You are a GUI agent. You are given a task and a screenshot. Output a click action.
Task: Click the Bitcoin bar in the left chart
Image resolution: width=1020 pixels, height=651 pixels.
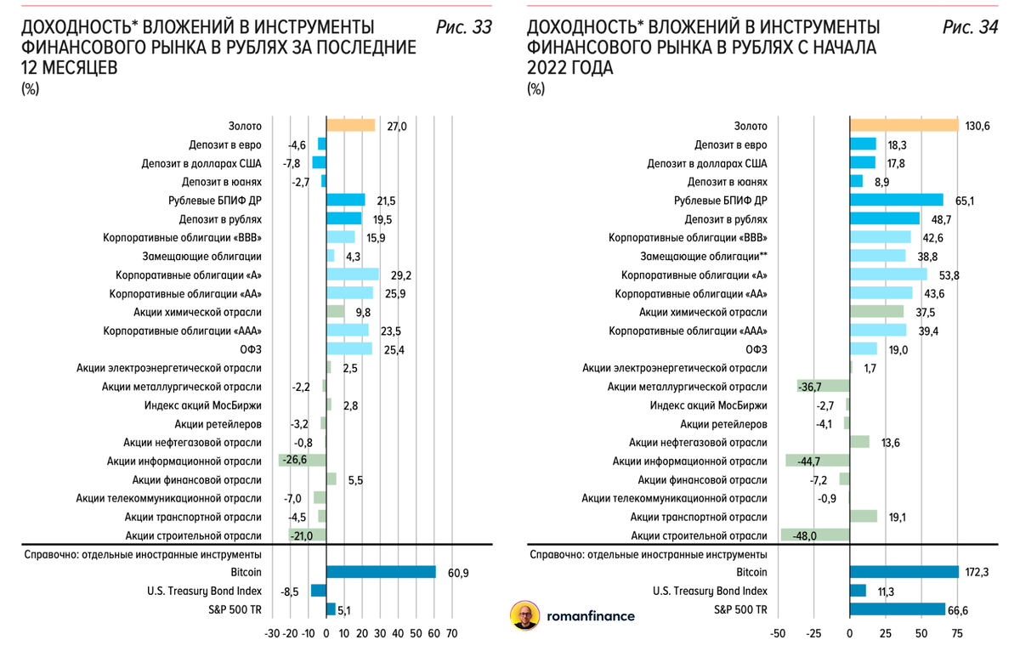[381, 572]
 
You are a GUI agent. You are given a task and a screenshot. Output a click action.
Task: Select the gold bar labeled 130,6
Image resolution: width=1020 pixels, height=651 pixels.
[904, 126]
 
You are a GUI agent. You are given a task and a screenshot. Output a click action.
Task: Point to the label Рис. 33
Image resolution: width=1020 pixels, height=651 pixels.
[463, 28]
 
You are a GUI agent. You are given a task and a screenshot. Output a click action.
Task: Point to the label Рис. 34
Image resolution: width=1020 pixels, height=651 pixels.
[970, 28]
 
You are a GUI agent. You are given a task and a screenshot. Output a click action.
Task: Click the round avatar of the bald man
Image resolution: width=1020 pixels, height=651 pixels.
[525, 616]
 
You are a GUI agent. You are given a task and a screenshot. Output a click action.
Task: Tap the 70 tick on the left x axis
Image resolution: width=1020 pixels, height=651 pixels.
[451, 634]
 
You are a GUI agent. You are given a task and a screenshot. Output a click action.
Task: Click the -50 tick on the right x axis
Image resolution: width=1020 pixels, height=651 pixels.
[777, 634]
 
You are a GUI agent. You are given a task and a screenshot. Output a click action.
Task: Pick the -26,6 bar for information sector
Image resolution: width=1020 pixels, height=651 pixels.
[303, 461]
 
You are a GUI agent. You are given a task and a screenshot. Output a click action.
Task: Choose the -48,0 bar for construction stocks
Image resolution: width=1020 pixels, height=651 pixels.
[815, 535]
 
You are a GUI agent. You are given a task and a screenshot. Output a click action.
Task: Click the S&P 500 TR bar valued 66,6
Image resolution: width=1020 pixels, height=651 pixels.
[898, 609]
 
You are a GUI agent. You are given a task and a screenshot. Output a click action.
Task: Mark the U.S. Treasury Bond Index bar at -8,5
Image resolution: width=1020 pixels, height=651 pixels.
[319, 591]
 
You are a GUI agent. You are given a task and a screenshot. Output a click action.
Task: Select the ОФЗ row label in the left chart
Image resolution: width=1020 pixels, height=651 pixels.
[252, 349]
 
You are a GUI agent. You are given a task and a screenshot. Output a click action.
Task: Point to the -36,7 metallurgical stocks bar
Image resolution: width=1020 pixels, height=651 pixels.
[824, 387]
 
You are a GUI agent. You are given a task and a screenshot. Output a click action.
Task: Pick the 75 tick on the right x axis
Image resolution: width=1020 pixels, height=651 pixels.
[957, 634]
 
